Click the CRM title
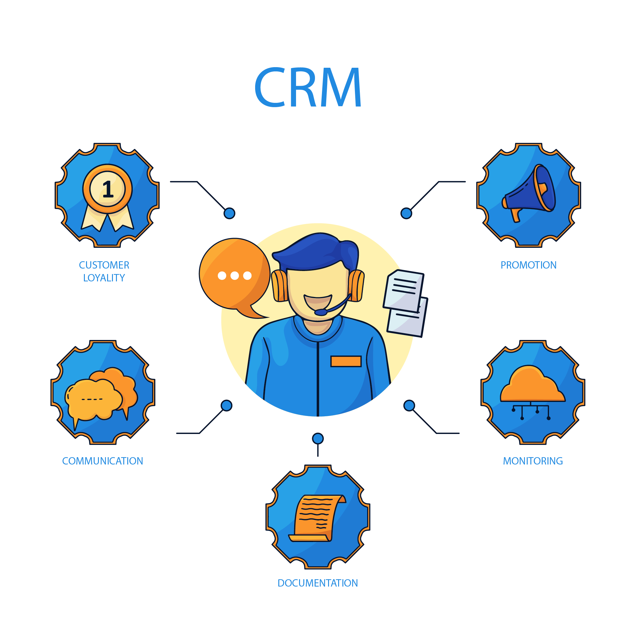tap(308, 87)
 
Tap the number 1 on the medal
tap(108, 189)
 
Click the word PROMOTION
tap(528, 265)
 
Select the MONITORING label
tap(533, 461)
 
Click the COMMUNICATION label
tap(103, 461)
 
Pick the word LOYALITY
tap(104, 278)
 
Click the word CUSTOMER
tap(104, 265)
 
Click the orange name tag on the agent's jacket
tap(346, 361)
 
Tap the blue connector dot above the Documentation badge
tap(318, 439)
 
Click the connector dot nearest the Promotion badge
tap(406, 213)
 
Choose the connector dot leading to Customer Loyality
tap(229, 213)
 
